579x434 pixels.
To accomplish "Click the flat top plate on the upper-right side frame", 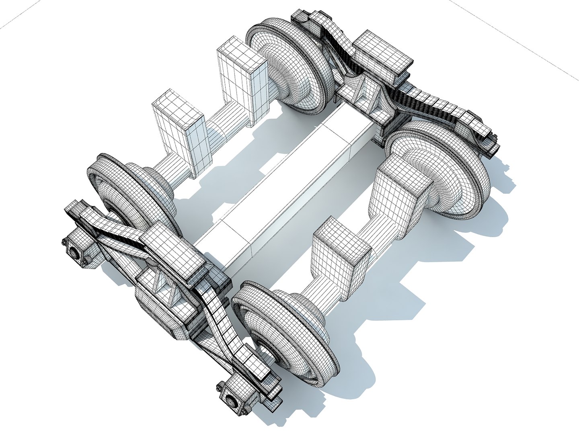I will click(382, 52).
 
